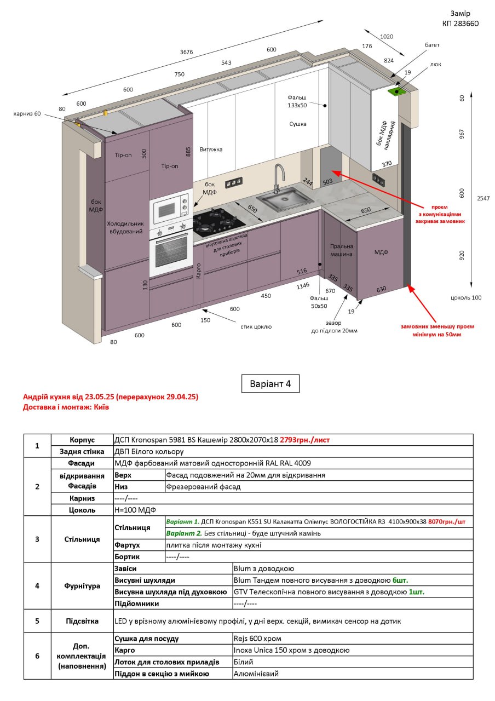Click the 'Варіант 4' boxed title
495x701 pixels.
270,384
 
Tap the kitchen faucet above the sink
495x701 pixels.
279,178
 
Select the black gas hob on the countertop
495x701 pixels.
218,221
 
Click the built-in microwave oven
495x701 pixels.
171,208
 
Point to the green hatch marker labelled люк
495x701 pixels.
396,91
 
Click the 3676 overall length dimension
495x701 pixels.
186,52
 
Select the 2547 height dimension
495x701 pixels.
483,198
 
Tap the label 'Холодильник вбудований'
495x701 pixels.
125,227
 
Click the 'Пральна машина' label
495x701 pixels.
341,250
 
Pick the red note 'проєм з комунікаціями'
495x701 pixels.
440,211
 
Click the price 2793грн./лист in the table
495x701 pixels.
305,440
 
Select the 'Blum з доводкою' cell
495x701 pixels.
264,568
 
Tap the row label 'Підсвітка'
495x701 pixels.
82,621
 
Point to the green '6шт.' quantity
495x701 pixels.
400,580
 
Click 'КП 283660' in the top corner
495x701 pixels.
461,24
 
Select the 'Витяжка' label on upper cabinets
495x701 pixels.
211,150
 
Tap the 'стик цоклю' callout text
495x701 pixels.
256,326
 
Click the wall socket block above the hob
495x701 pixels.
234,182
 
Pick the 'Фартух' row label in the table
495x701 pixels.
127,545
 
